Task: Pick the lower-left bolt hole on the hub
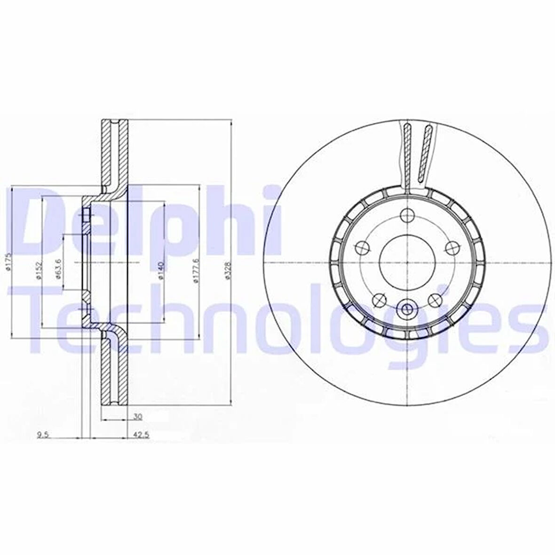[379, 299]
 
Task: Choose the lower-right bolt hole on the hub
[434, 300]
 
